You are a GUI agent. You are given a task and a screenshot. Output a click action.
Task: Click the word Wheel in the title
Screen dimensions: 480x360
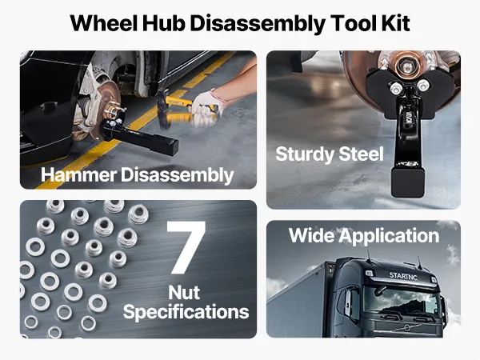tap(103, 22)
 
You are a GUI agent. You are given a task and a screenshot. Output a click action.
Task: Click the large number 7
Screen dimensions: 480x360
tap(186, 247)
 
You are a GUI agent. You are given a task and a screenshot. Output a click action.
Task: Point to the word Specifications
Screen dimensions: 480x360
tap(186, 313)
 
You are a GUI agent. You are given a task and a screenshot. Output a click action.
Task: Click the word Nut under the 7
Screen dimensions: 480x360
tap(184, 292)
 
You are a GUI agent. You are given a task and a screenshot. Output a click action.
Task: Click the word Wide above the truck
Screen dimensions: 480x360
tap(311, 235)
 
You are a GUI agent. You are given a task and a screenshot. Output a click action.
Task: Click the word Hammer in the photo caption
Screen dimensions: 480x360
tap(78, 174)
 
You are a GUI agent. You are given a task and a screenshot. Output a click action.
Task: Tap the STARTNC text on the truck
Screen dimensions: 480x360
tap(403, 275)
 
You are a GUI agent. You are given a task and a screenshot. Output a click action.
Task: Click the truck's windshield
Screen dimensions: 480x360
tap(401, 302)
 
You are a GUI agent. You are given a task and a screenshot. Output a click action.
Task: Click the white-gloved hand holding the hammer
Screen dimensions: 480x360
tap(205, 106)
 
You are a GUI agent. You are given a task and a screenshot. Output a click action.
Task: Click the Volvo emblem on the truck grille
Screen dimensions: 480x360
tap(406, 328)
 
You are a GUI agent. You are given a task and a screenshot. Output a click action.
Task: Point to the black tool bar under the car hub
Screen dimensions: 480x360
tap(140, 137)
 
